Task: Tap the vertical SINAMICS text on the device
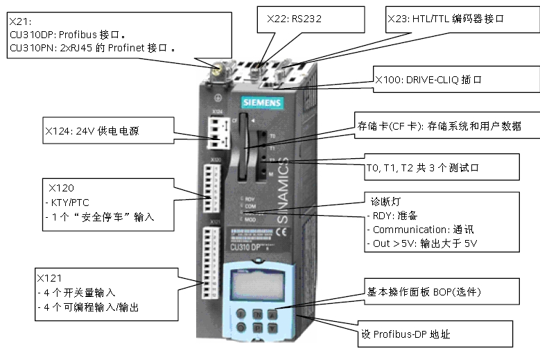289,195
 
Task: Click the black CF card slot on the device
243,157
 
